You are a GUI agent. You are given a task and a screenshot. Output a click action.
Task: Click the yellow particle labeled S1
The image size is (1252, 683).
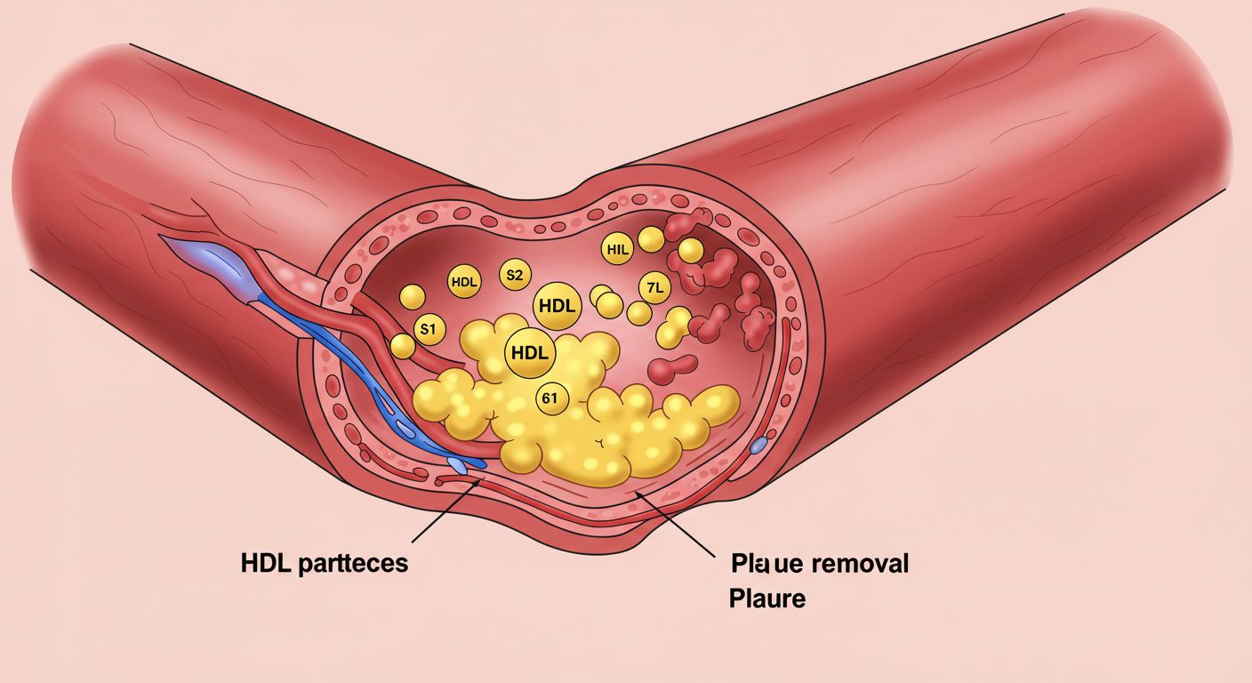pos(429,329)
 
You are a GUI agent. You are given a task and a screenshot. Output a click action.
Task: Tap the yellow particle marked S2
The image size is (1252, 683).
pos(514,275)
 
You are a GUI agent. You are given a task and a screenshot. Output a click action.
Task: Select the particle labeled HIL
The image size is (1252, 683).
pos(616,250)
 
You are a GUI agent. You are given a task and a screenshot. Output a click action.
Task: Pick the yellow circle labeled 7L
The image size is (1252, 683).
pos(654,287)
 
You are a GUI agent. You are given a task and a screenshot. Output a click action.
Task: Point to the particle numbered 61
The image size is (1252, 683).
pos(550,399)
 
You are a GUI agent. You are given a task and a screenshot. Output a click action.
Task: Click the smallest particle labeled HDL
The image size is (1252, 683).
pos(464,282)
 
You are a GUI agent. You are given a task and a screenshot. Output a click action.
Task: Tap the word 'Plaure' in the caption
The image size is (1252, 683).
pos(767,599)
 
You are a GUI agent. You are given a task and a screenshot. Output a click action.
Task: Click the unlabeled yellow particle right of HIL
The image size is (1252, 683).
pos(651,238)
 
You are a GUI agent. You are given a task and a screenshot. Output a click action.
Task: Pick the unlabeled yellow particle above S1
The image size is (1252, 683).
pos(412,296)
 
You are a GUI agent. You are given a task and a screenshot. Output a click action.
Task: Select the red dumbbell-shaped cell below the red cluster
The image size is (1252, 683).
pos(673,366)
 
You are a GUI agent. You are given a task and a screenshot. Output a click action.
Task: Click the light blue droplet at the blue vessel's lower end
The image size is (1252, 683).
pos(456,464)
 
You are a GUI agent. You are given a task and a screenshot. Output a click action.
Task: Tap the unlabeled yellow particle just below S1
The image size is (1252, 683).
pos(403,346)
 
